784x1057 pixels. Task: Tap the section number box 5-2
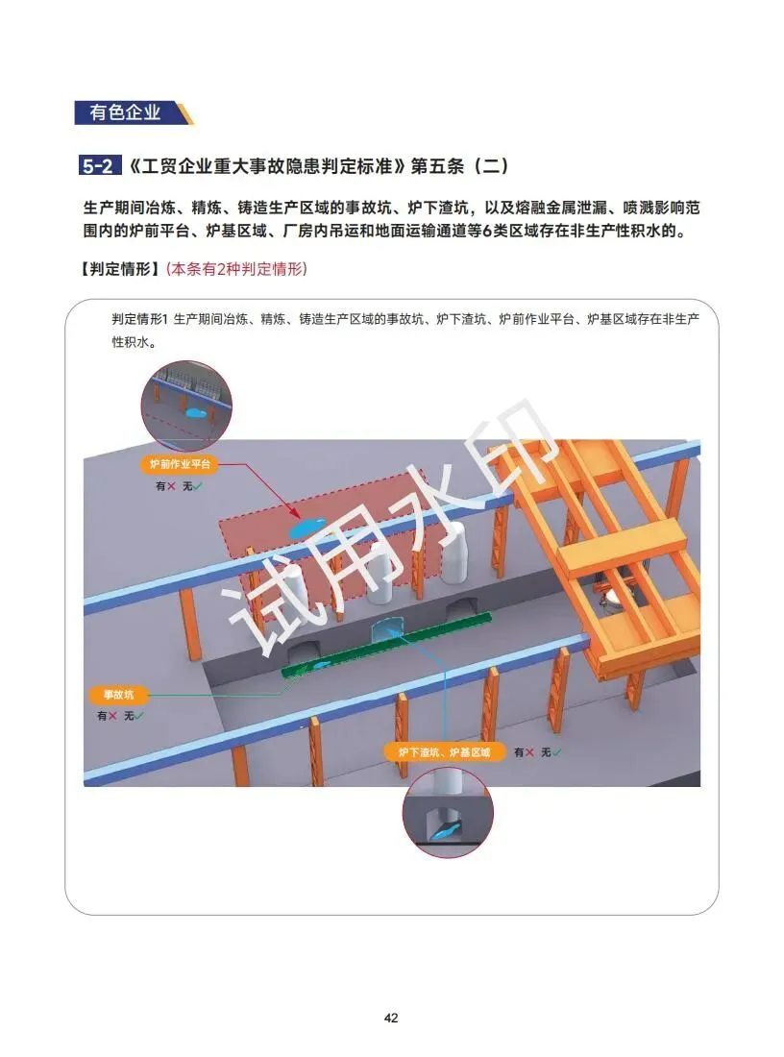click(98, 165)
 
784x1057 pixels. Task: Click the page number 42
click(391, 1018)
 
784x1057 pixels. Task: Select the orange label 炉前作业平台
click(180, 464)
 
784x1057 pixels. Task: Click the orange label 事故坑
click(118, 695)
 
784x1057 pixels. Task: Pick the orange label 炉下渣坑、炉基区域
click(444, 751)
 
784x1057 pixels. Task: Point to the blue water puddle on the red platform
click(306, 527)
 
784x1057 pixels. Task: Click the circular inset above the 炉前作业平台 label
click(186, 406)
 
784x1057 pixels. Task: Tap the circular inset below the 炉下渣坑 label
click(448, 812)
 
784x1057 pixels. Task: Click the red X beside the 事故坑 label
click(112, 716)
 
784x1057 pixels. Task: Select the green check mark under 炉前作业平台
click(198, 486)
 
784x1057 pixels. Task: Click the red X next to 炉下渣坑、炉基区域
click(529, 752)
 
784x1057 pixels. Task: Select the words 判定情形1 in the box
click(139, 319)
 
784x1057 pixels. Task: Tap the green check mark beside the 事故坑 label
click(139, 716)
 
